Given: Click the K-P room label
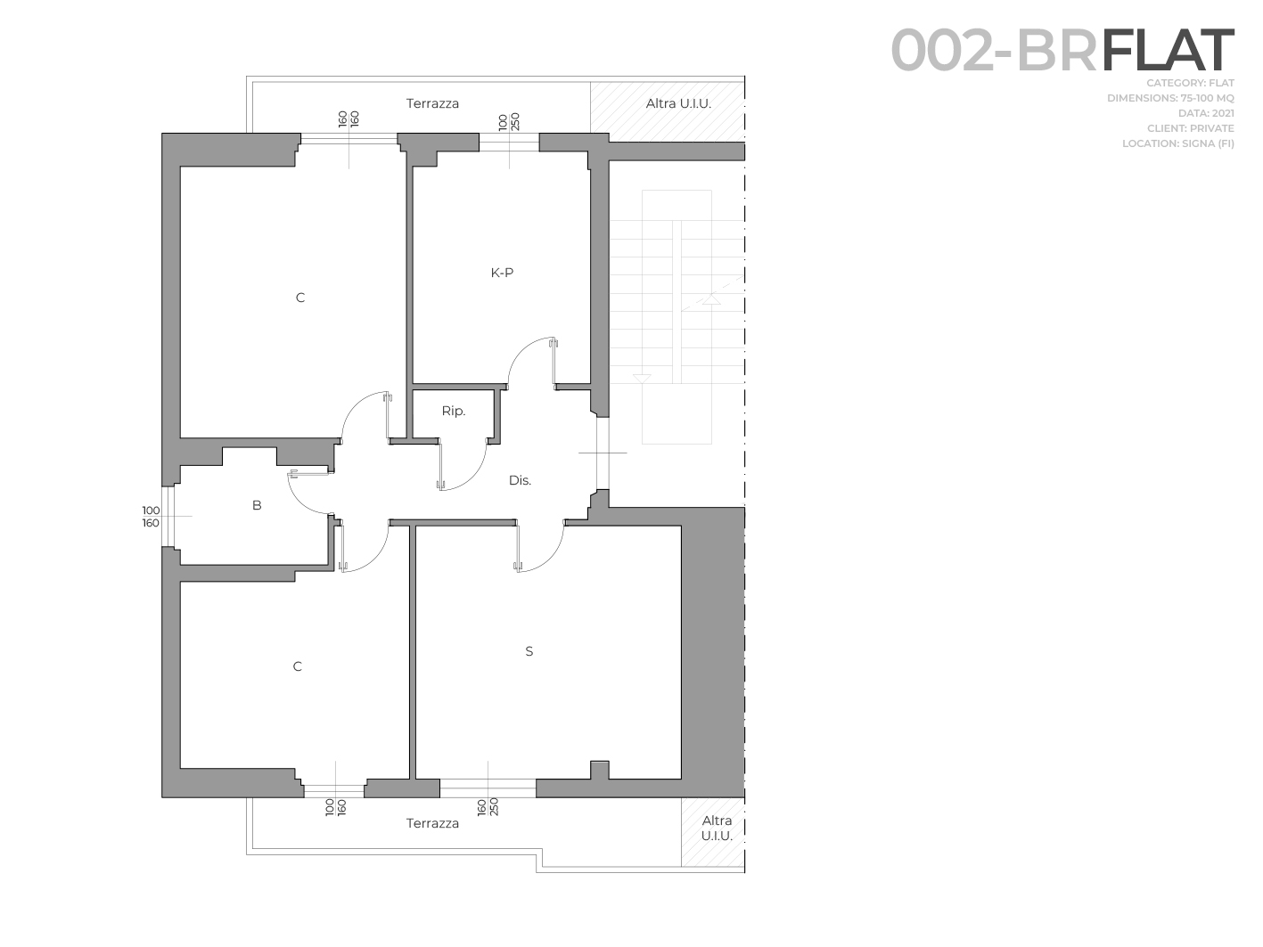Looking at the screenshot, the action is [x=502, y=273].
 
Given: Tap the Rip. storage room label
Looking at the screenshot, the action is [x=454, y=411].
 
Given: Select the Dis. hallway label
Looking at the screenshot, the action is [x=520, y=481].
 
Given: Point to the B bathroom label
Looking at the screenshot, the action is [x=257, y=505].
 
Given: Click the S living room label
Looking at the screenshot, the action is [x=529, y=651].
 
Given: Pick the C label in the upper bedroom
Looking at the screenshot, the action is [x=299, y=298].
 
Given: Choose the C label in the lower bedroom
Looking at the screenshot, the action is [x=297, y=666].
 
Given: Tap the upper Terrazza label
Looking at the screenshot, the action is [x=432, y=103].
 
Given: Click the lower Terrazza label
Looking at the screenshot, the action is [x=432, y=823].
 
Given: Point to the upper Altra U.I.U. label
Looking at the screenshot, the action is [x=678, y=103].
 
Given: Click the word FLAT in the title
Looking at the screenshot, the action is [x=1168, y=51].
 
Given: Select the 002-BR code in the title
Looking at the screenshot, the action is [x=994, y=51].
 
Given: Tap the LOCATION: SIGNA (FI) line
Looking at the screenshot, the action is [x=1177, y=143].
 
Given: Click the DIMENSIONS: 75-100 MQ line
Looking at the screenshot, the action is [x=1170, y=98].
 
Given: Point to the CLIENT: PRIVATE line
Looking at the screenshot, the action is [x=1191, y=128].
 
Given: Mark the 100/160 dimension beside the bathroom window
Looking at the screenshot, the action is [x=151, y=517].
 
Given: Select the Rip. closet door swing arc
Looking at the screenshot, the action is [x=472, y=478].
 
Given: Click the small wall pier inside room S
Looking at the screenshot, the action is [x=600, y=770].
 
